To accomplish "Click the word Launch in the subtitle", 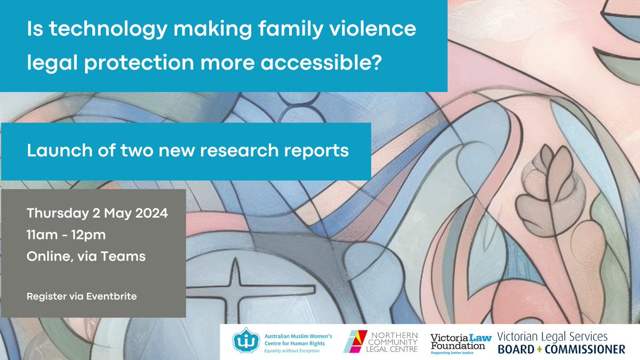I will [x=52, y=151].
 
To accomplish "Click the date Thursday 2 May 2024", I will [x=98, y=215].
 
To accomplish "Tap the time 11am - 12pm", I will [x=63, y=235].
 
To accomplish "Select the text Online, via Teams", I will [x=86, y=256].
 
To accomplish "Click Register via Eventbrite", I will [x=82, y=295].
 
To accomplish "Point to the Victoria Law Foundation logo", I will [x=458, y=341].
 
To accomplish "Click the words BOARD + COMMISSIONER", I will [x=561, y=350].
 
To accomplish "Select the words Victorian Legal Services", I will [x=553, y=337].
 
